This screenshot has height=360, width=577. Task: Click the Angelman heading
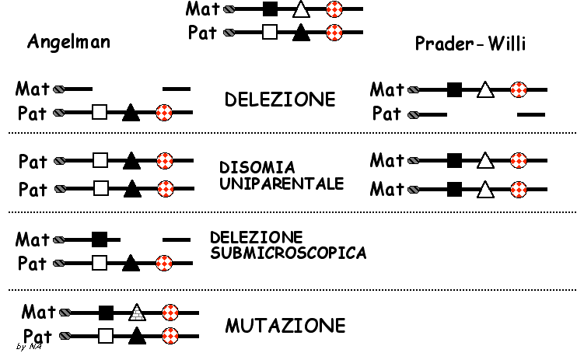coord(68,42)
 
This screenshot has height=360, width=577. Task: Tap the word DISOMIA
coord(248,167)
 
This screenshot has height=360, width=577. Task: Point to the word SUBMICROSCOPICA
coord(288,253)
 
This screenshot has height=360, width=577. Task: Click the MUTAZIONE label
coord(285,325)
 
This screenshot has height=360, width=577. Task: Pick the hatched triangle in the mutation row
coord(137,313)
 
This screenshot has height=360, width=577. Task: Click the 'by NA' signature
coord(29,346)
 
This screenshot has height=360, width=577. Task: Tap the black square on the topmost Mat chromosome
coord(270,10)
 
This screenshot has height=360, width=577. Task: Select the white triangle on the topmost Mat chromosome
coord(301,10)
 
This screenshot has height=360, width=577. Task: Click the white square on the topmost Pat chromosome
coord(270,33)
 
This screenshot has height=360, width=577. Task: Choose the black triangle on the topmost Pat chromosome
coord(301,33)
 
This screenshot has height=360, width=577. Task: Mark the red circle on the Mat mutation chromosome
coord(170,313)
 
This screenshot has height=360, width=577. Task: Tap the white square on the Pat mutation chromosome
coord(107,336)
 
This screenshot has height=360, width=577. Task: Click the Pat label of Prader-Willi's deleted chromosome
coord(386,114)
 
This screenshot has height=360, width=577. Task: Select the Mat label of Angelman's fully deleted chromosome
coord(33,89)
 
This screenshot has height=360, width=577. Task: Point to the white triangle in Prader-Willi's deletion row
coord(485,90)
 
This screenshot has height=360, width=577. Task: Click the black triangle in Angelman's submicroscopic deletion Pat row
coord(131,263)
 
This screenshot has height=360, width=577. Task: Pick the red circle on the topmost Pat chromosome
coord(334,33)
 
